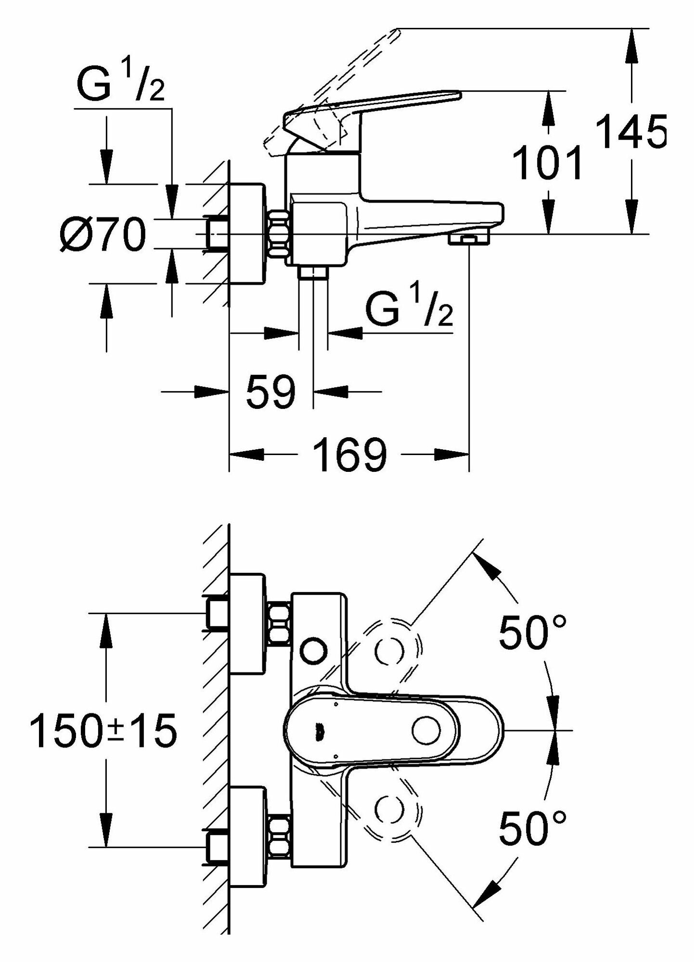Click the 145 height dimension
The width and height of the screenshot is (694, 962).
point(630,131)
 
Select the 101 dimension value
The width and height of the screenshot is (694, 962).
point(547,163)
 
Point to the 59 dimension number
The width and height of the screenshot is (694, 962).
point(270,392)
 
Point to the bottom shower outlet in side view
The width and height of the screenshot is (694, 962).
point(313,274)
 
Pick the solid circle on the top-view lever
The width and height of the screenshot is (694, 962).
point(426,730)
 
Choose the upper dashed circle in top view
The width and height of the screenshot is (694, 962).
point(389,652)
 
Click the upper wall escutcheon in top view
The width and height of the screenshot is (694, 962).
point(247,624)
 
